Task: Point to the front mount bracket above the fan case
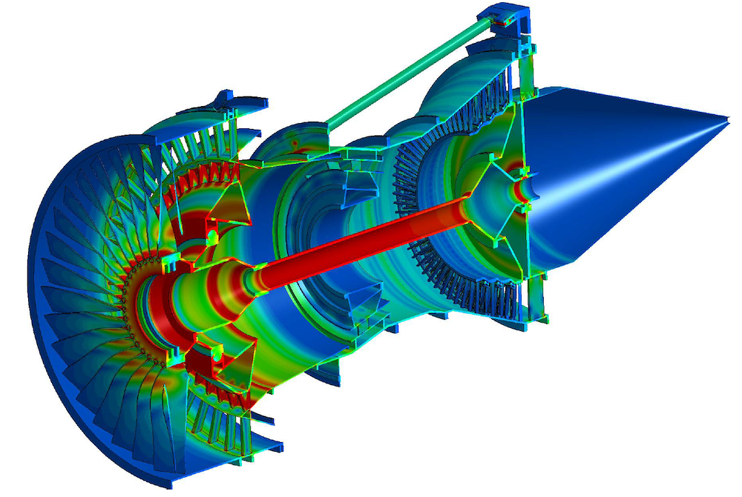241,101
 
